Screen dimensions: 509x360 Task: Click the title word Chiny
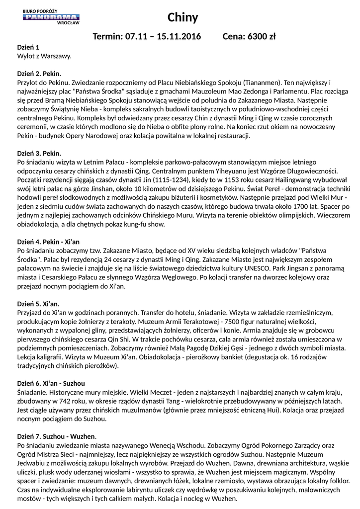[x=182, y=18]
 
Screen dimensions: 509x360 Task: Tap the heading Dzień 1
[x=28, y=47]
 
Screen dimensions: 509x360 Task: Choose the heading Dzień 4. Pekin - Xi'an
[x=48, y=242]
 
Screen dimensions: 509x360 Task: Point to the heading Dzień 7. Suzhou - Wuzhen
[x=56, y=437]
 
